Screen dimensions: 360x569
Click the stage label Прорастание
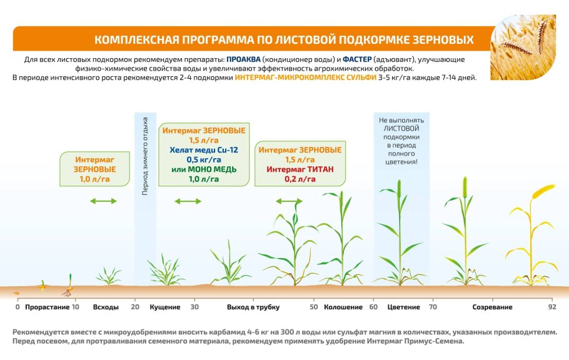coord(46,307)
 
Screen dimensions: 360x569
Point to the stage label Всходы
coord(106,307)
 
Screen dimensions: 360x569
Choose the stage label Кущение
coord(165,307)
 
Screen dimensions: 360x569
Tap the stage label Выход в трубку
coord(253,307)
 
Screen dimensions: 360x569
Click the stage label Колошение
coord(343,307)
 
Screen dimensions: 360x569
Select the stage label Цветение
coord(403,307)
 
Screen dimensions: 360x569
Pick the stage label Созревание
coord(492,307)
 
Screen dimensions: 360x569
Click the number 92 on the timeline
coord(552,307)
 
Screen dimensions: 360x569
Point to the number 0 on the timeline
coord(18,307)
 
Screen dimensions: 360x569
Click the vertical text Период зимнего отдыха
coord(145,156)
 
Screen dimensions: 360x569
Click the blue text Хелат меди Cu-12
coord(203,150)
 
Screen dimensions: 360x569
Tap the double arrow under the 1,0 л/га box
coord(103,201)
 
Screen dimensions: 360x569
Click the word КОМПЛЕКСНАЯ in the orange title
coord(134,40)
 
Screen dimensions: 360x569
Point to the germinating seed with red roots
coord(68,287)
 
